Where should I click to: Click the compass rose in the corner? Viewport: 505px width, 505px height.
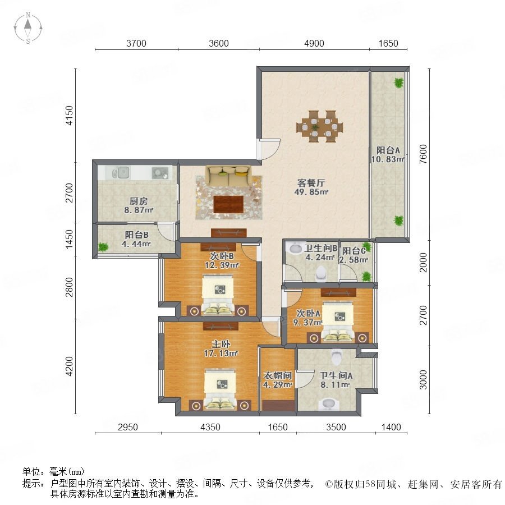tap(28, 28)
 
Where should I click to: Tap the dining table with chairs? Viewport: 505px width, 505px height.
tap(319, 126)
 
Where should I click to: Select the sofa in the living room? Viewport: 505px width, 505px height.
tap(229, 176)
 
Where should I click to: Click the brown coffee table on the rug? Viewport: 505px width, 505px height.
tap(228, 204)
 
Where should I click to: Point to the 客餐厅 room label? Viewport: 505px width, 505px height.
tap(311, 183)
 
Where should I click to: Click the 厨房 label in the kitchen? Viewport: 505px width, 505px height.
tap(139, 201)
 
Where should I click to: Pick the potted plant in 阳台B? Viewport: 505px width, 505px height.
tap(103, 247)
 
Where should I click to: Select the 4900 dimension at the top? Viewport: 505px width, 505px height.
tap(314, 43)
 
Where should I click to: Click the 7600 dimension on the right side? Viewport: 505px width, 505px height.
tap(423, 154)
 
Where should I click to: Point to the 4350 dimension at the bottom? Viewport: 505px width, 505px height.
tap(210, 427)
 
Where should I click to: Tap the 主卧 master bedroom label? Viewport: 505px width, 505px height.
tap(221, 344)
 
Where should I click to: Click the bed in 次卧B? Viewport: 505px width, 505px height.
tap(217, 295)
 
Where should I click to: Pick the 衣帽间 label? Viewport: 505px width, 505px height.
tap(278, 375)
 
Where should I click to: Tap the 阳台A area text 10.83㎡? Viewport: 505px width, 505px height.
tap(388, 159)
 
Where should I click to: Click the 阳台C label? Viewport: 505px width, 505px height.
tap(354, 251)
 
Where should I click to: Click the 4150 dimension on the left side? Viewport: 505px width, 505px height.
tap(69, 115)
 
